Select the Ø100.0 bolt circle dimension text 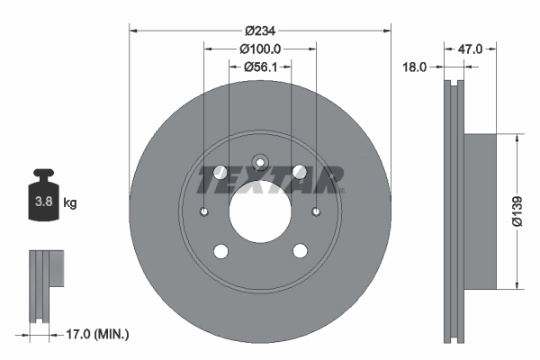261,49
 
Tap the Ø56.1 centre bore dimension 261,66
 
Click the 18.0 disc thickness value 415,66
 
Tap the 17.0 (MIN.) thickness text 99,334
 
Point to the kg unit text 70,203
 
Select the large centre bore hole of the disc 260,212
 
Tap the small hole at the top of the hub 260,163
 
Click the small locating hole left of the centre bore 204,212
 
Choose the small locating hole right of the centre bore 316,212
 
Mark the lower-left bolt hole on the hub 220,252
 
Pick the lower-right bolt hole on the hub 300,252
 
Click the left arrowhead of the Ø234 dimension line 133,31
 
